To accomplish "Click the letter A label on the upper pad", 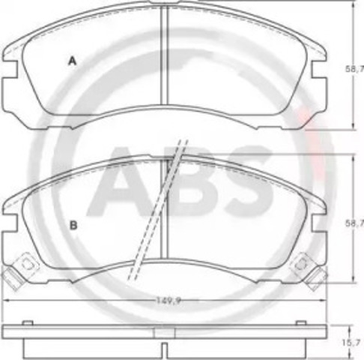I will [x=73, y=62].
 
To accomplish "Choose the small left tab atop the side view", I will [x=28, y=322].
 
